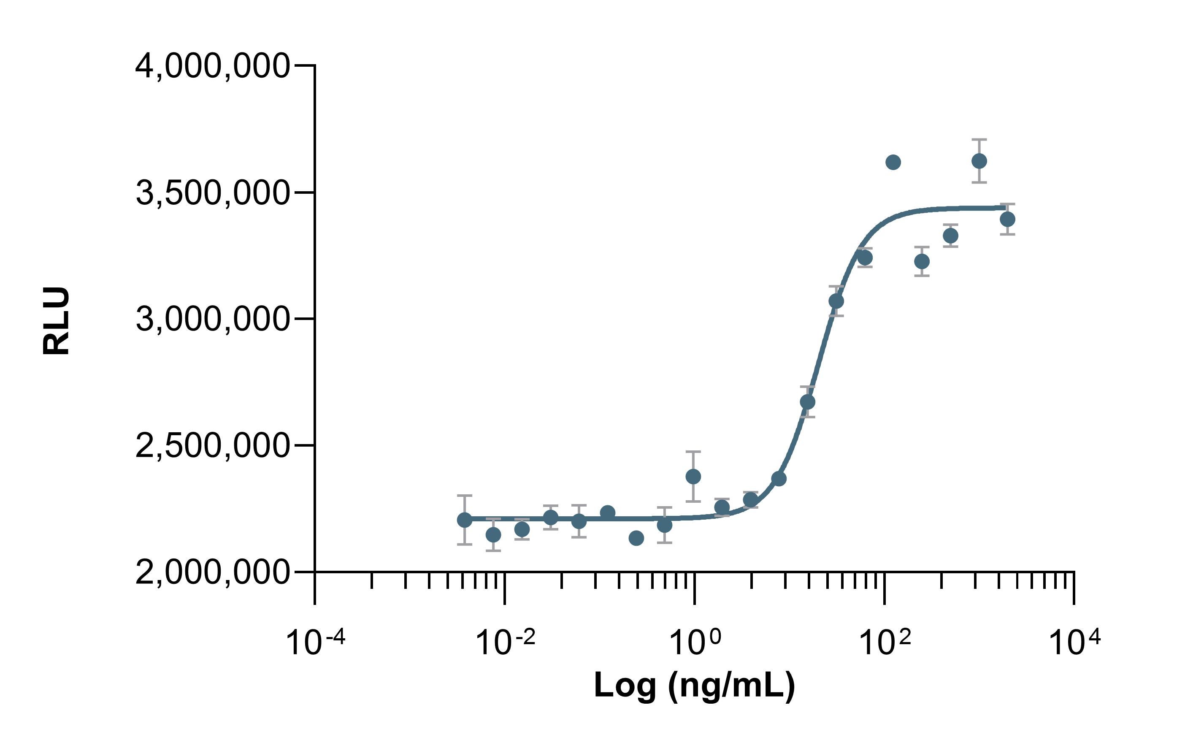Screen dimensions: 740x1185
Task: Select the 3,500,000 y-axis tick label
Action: click(x=212, y=193)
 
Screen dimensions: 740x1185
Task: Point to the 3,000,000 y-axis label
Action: click(x=212, y=319)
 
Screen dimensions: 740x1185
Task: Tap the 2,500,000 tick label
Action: click(x=212, y=445)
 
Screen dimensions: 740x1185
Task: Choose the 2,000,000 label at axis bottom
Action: click(x=212, y=572)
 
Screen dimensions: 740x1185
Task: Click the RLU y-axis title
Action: click(x=56, y=320)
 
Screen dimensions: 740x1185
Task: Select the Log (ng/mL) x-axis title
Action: click(x=694, y=685)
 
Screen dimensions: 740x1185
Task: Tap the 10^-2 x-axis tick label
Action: click(x=505, y=642)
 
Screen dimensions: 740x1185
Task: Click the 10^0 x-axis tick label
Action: click(x=694, y=642)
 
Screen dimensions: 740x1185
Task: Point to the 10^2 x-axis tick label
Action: click(x=885, y=642)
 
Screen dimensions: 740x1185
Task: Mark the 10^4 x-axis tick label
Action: click(x=1074, y=642)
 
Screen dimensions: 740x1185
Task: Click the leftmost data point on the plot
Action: click(x=464, y=520)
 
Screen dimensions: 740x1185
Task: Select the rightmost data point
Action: click(x=1007, y=219)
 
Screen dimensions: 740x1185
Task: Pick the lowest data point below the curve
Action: click(x=636, y=538)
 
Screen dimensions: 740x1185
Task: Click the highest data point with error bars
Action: click(x=979, y=161)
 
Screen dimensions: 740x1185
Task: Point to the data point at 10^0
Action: click(x=693, y=476)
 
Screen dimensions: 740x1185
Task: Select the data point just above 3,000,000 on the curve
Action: click(x=836, y=301)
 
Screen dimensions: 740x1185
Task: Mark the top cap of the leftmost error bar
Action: click(x=464, y=496)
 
